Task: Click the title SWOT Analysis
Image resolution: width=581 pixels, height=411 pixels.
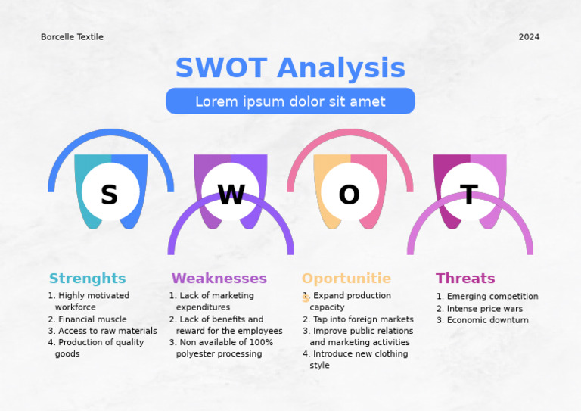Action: pos(290,68)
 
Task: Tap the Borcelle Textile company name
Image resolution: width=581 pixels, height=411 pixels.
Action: pos(72,37)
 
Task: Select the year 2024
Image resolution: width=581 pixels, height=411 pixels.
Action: pos(529,37)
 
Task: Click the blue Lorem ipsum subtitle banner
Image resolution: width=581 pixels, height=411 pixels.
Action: pos(290,101)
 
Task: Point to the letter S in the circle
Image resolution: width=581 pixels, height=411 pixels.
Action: pos(110,195)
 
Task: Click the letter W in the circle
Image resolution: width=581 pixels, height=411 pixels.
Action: pos(231,195)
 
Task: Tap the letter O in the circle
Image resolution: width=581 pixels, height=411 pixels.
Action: pos(349,195)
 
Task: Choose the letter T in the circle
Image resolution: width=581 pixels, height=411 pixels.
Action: pos(469,195)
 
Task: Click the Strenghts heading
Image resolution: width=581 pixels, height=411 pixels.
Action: pos(88,279)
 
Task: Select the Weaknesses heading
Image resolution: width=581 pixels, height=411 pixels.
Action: pos(219,279)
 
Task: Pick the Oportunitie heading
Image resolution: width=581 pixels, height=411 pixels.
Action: pos(346,279)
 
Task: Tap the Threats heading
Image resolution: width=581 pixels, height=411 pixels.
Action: pos(465,279)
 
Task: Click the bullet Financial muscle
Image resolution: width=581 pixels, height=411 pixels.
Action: pos(92,319)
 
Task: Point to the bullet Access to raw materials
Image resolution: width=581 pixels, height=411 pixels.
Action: pos(107,331)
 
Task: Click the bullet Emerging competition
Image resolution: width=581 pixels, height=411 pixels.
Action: pos(492,297)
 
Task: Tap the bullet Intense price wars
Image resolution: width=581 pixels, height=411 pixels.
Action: pos(484,309)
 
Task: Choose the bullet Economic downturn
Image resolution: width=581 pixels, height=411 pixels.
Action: pos(487,320)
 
